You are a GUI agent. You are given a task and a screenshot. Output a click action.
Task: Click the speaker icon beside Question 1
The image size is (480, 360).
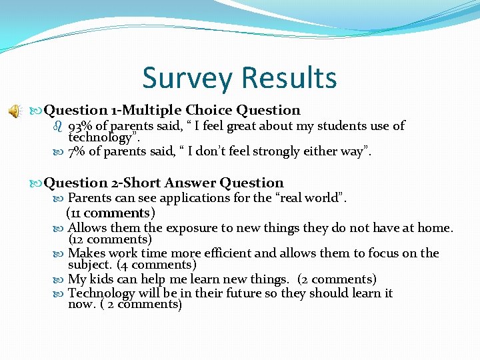14,111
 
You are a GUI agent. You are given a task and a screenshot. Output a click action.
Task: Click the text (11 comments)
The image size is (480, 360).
110,213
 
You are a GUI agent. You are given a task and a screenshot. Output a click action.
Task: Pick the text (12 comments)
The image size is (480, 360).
110,239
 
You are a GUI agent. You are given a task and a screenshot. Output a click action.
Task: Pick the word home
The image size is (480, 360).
435,228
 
